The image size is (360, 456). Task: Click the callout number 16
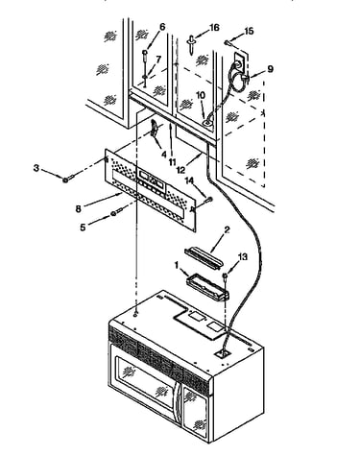[213, 28]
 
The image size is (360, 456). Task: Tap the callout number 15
[249, 32]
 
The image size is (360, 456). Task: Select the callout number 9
[270, 69]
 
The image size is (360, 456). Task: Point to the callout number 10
[201, 95]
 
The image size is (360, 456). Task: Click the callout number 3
[36, 168]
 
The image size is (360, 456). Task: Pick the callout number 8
[78, 208]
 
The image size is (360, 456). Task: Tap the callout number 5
[83, 228]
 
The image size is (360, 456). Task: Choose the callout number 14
[189, 182]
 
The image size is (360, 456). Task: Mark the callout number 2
[227, 229]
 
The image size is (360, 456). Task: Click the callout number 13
[243, 256]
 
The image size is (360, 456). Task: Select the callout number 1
[177, 265]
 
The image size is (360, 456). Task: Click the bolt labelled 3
[68, 178]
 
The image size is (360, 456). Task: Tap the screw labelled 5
[117, 212]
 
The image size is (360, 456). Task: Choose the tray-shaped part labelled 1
[207, 286]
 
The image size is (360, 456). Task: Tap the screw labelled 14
[208, 200]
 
